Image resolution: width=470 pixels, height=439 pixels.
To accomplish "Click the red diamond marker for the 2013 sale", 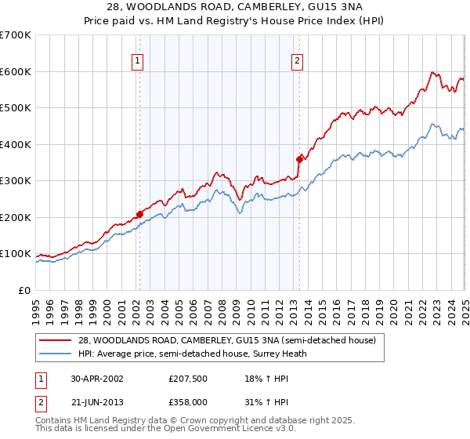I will tap(299, 159).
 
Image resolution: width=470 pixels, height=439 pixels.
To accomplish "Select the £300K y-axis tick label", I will tap(16, 181).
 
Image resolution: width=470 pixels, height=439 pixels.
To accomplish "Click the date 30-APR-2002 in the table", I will tap(95, 378).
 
